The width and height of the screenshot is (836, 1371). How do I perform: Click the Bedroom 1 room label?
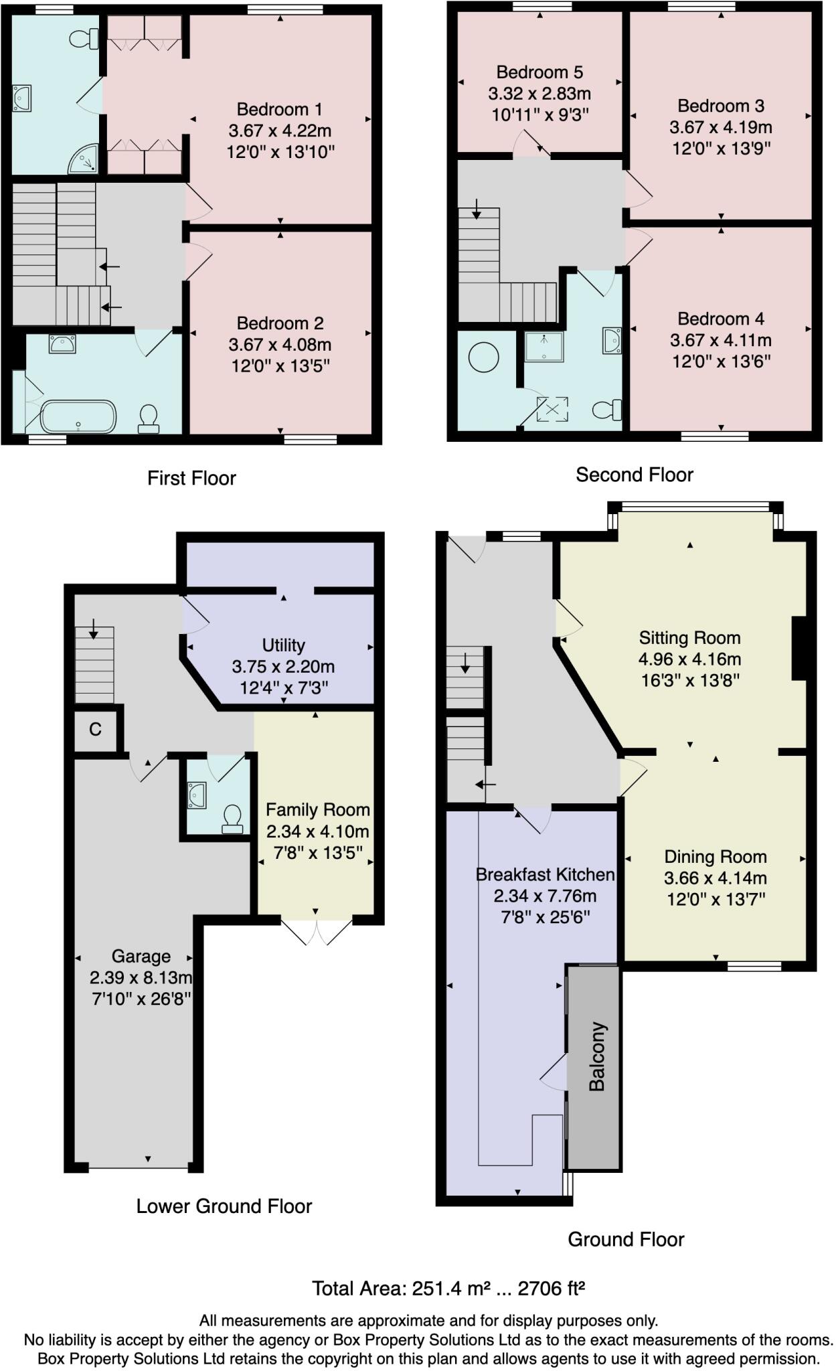coord(280,109)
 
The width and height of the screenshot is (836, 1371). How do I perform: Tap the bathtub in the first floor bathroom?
coord(78,416)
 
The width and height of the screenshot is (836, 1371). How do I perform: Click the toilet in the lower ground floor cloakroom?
coord(232,818)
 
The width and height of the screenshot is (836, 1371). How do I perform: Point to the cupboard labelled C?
coord(95,729)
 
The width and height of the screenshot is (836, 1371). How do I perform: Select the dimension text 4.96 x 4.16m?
coord(689,659)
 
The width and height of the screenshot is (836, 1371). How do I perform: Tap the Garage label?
coord(141,956)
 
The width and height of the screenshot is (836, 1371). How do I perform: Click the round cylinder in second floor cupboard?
coord(483,357)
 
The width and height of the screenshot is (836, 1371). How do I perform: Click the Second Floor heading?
coord(634,475)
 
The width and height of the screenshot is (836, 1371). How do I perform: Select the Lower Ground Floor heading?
coord(224,1206)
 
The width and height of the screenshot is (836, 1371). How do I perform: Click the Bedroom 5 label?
coord(539,72)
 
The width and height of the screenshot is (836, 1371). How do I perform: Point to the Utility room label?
coord(283,645)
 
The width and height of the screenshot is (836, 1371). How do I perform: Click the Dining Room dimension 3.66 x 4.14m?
coord(716,878)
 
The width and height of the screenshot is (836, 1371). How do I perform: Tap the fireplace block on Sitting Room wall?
coord(799,648)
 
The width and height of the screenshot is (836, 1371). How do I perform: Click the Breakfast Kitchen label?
coord(545,874)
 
